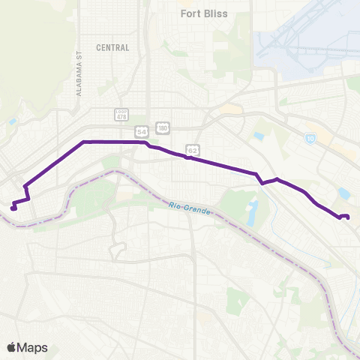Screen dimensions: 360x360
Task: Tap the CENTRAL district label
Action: pyautogui.click(x=112, y=47)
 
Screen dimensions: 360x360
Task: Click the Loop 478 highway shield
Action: pyautogui.click(x=121, y=114)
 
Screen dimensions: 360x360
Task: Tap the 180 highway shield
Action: pyautogui.click(x=163, y=127)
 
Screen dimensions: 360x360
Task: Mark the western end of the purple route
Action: pyautogui.click(x=13, y=208)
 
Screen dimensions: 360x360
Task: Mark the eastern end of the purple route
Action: pyautogui.click(x=348, y=217)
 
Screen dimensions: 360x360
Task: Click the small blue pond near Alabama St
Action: pyautogui.click(x=13, y=121)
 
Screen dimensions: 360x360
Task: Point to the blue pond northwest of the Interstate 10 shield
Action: pyautogui.click(x=259, y=136)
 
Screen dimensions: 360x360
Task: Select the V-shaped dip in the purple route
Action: pyautogui.click(x=262, y=183)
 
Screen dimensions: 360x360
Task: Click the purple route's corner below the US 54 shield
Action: pyautogui.click(x=147, y=142)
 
